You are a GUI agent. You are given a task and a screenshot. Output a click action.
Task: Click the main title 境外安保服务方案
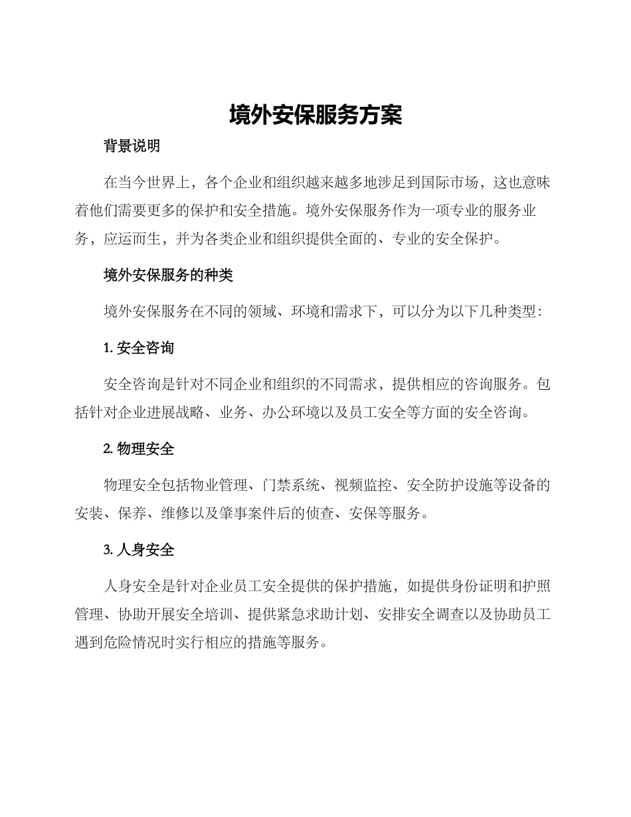[315, 115]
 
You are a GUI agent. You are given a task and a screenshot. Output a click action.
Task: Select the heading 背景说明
[132, 147]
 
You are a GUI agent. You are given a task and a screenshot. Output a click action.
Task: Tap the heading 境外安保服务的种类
[168, 275]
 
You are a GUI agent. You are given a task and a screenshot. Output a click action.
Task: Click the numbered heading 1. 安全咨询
[139, 348]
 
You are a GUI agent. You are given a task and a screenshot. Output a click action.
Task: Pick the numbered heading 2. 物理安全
[139, 450]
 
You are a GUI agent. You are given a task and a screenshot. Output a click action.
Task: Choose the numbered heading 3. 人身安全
[139, 551]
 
